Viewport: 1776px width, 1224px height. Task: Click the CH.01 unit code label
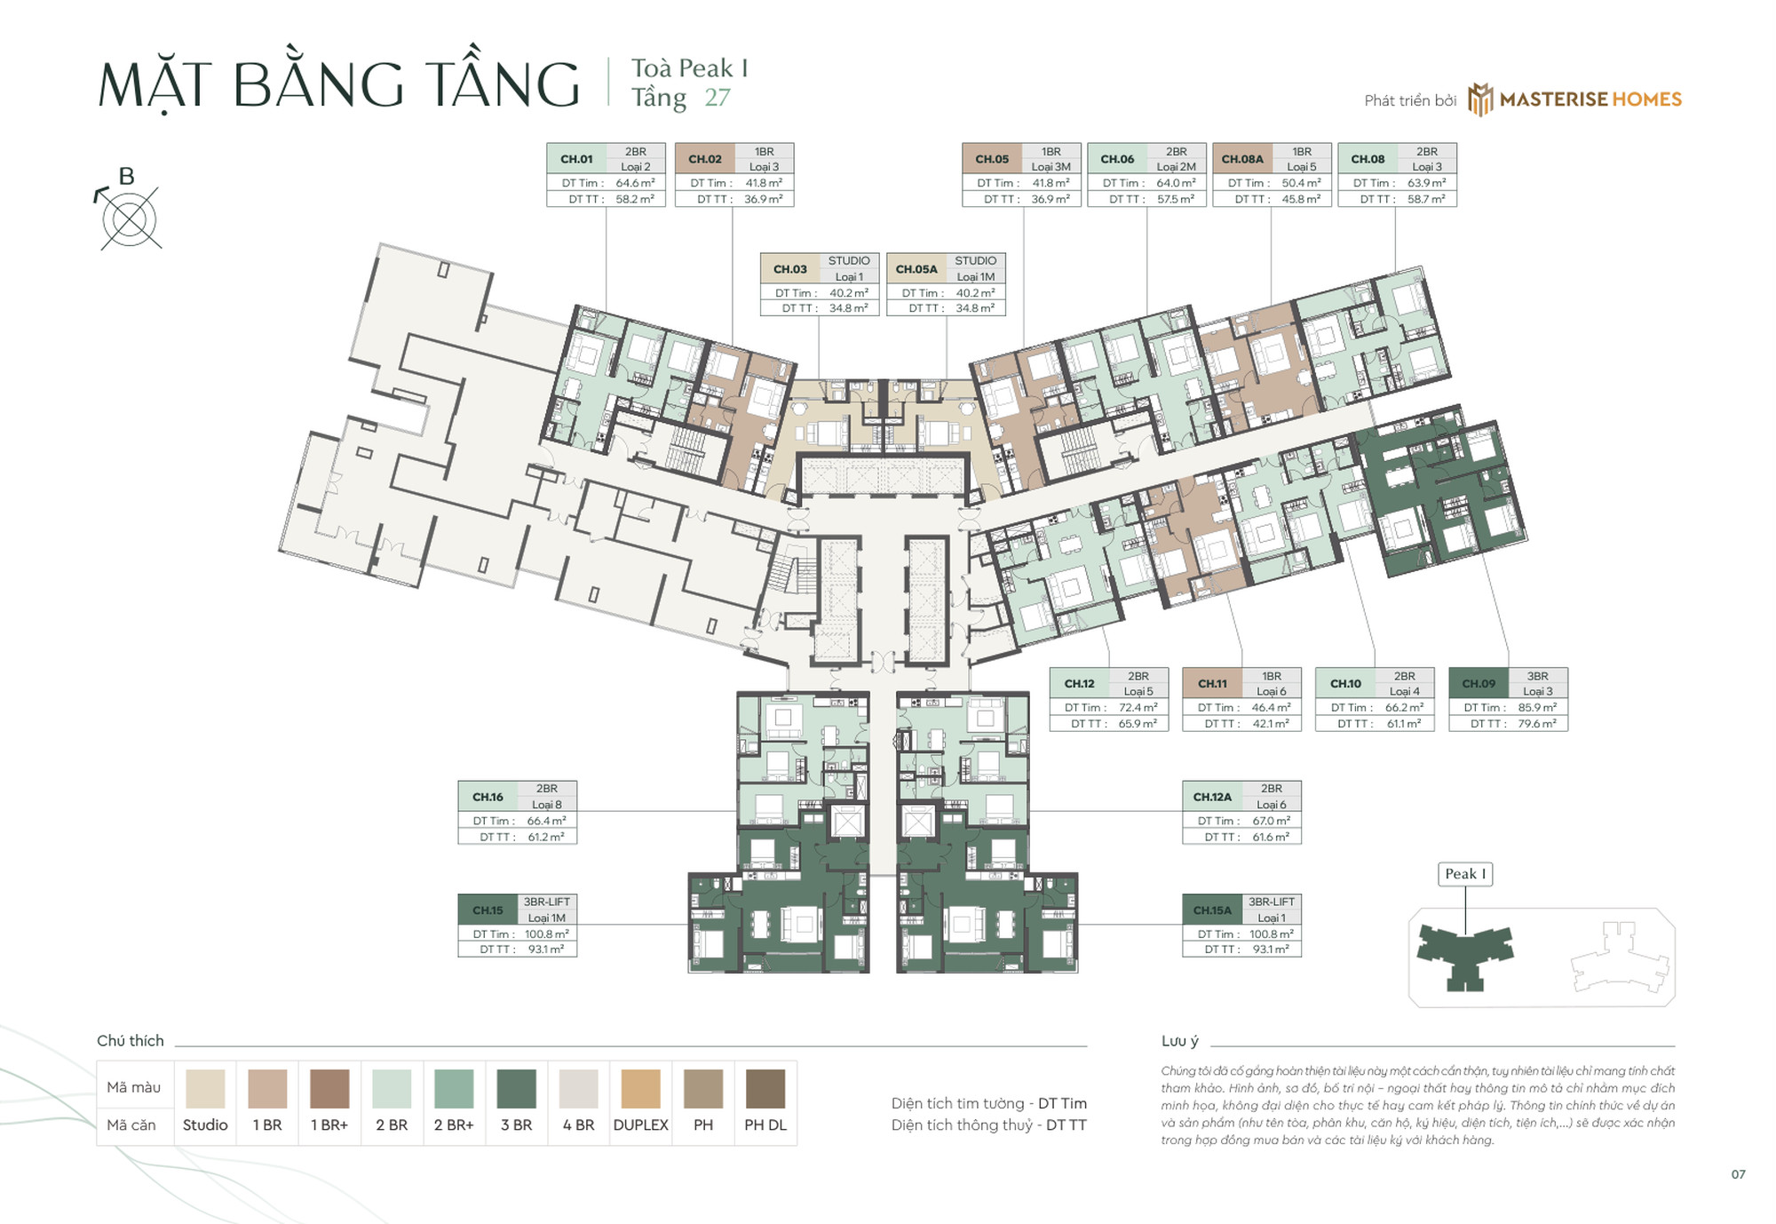[576, 159]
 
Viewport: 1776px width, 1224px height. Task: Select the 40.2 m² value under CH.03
[848, 293]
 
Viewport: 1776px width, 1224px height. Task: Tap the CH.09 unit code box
[1479, 683]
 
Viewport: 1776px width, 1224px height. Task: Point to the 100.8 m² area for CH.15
[546, 934]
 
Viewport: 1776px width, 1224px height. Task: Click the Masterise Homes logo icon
[1480, 99]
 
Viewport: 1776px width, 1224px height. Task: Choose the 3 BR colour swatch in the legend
[516, 1089]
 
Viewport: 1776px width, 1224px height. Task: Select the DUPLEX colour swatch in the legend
[640, 1089]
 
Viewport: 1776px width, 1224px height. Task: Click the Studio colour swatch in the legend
[205, 1089]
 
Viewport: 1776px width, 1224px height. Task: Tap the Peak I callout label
[1465, 874]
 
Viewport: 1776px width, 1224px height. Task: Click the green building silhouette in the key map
[1464, 955]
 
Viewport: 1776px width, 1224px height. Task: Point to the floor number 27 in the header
[718, 98]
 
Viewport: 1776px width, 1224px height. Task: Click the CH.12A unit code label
[1212, 797]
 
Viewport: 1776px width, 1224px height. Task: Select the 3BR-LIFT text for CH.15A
[1271, 902]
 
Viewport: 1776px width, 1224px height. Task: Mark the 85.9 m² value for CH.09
[1537, 708]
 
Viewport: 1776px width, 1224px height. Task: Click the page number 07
[1738, 1174]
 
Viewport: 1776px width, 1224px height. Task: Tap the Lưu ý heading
[1179, 1041]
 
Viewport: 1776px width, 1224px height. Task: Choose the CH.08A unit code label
[1241, 159]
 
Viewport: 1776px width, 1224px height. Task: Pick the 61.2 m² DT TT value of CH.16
[546, 837]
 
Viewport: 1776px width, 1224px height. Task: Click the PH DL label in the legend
[765, 1125]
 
